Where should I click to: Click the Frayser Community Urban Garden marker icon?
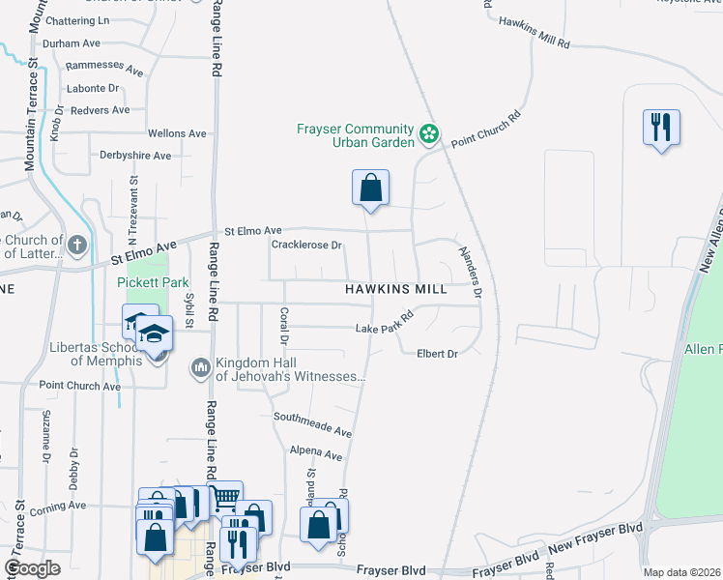coord(429,133)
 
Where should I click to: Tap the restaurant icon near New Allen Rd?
coord(662,127)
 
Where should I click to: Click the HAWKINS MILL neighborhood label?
coord(396,289)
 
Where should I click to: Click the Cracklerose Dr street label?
coord(307,246)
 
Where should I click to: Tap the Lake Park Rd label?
coord(385,322)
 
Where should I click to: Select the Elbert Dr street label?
coord(437,354)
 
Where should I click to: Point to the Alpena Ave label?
coord(315,454)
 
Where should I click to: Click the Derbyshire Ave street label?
coord(135,155)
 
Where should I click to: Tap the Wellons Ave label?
coord(177,133)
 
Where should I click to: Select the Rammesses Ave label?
coord(104,71)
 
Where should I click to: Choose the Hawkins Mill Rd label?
coord(535,33)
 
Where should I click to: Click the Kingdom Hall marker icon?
coord(201,366)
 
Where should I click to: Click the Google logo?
coord(33,568)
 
